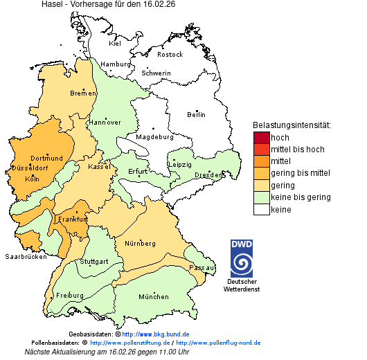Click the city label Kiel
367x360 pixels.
coord(115,44)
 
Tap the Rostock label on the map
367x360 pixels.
coord(170,55)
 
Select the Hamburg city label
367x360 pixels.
coord(116,64)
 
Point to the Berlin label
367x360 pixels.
coord(196,115)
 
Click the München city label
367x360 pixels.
coord(153,297)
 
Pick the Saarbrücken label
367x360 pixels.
coord(26,257)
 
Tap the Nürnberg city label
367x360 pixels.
coord(140,244)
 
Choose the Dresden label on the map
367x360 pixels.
coord(208,176)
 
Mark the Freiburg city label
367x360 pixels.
coord(70,296)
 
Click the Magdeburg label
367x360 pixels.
coord(154,137)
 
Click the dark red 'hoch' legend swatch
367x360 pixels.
coord(261,138)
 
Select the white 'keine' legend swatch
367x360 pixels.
coord(261,209)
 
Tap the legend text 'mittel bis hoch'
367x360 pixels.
coord(297,150)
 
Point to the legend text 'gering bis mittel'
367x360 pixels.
coord(300,173)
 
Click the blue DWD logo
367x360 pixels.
coord(242,258)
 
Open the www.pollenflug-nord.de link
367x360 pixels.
coord(218,343)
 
